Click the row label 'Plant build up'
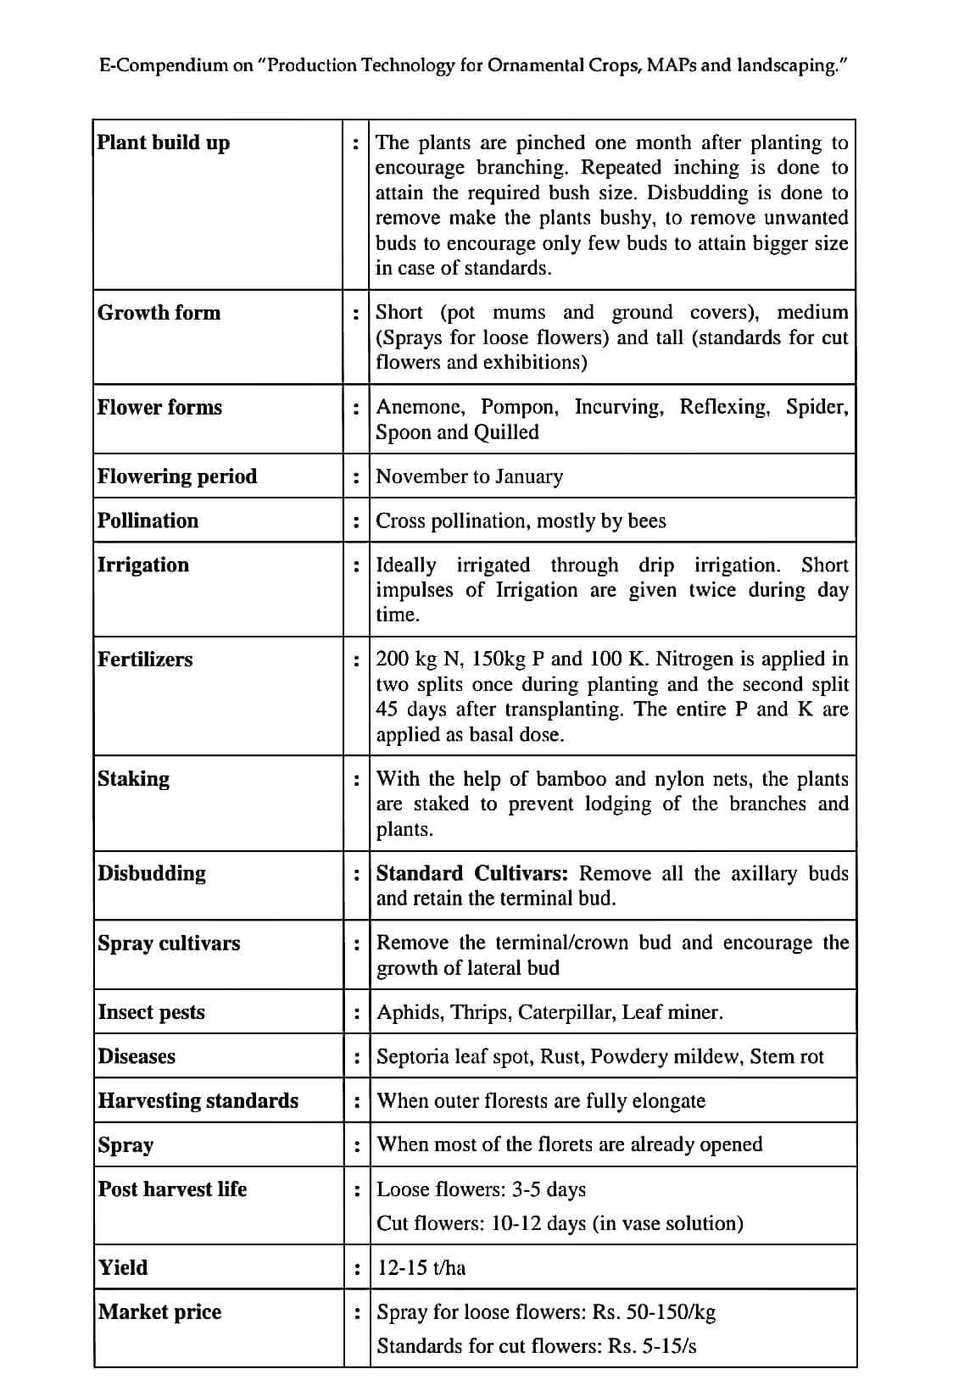point(163,142)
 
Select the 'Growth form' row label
point(159,313)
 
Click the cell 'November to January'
point(469,476)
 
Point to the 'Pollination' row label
point(148,520)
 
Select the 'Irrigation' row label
point(143,565)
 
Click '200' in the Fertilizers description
point(393,660)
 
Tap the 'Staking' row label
point(133,779)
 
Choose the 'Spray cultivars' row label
point(169,943)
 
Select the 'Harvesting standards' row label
point(198,1100)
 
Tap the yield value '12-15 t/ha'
point(421,1268)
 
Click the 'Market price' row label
point(159,1312)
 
